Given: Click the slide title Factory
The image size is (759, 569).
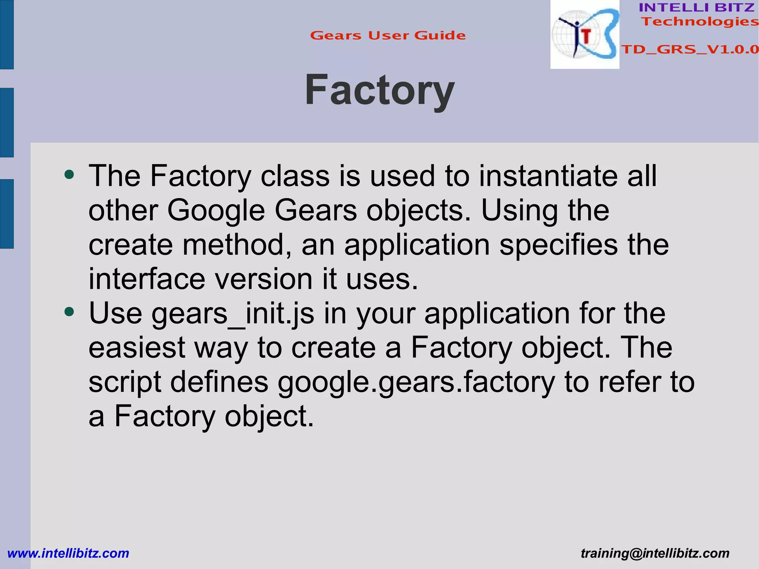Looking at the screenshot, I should pyautogui.click(x=379, y=90).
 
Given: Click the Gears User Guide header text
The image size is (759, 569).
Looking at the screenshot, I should pyautogui.click(x=388, y=36).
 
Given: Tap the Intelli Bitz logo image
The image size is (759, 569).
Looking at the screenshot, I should pyautogui.click(x=584, y=34).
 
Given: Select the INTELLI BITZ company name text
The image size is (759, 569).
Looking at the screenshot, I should pyautogui.click(x=696, y=7).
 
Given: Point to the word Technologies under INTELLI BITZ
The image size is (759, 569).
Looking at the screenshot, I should pyautogui.click(x=700, y=21).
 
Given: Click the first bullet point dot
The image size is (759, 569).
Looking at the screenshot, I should pyautogui.click(x=69, y=174).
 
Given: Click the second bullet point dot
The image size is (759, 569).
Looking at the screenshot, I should pyautogui.click(x=69, y=312).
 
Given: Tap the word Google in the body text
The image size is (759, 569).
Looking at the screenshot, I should pyautogui.click(x=216, y=210).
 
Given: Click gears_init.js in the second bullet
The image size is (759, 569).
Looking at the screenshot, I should pyautogui.click(x=233, y=314).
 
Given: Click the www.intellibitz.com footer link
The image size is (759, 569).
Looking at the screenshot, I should pyautogui.click(x=68, y=553).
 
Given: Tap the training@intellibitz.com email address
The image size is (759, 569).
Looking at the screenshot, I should pyautogui.click(x=655, y=553).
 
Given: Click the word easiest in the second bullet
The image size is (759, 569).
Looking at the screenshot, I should pyautogui.click(x=137, y=348).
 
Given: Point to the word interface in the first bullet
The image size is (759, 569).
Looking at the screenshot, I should pyautogui.click(x=147, y=279).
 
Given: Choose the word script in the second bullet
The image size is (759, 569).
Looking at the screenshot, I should pyautogui.click(x=125, y=382).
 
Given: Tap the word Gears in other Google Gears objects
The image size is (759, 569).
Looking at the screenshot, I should pyautogui.click(x=316, y=210).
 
